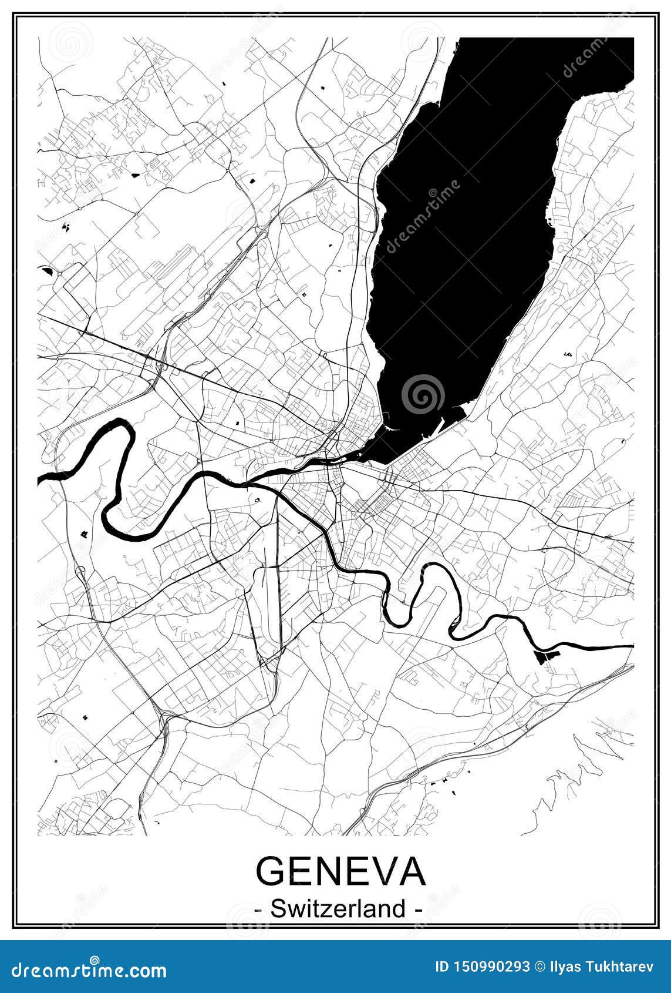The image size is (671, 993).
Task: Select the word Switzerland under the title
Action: (x=339, y=908)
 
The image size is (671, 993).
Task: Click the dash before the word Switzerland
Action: (x=259, y=909)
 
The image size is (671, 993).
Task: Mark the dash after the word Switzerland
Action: (x=419, y=909)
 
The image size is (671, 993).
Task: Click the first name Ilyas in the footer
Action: (x=565, y=967)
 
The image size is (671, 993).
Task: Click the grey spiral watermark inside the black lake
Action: (x=422, y=394)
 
